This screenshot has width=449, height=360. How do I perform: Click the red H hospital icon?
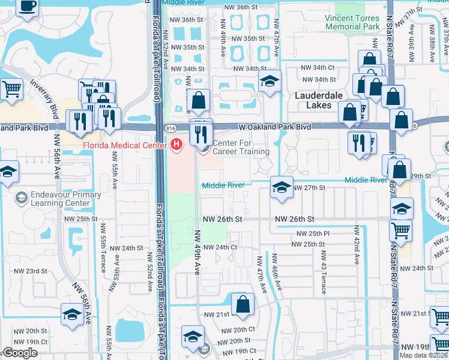(176, 144)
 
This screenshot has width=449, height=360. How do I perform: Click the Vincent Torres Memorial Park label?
(352, 23)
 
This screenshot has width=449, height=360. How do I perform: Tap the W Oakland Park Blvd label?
(274, 127)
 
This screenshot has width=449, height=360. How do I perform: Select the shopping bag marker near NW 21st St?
(243, 304)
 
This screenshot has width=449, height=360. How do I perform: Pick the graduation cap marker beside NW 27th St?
(281, 187)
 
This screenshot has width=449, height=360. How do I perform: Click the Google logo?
(21, 353)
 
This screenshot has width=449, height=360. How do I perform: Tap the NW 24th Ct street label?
(220, 247)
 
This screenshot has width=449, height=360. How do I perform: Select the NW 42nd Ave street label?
(357, 245)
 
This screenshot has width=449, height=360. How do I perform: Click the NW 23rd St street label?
(30, 271)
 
